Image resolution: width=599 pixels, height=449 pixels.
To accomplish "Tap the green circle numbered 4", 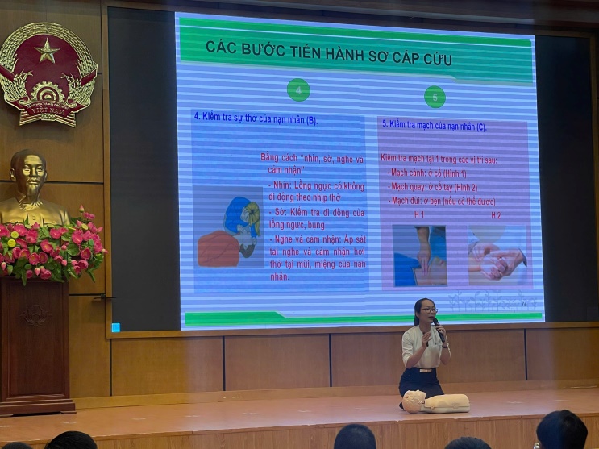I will click(298, 89).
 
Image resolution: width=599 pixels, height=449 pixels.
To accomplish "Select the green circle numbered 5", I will click(435, 97).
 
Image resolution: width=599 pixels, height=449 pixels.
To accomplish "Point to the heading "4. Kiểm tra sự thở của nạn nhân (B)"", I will click(256, 119).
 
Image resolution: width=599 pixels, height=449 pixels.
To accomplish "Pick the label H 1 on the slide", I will click(419, 215).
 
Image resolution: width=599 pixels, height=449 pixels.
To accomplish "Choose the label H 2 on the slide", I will click(496, 216).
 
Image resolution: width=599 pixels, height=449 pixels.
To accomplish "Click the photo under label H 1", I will click(418, 255).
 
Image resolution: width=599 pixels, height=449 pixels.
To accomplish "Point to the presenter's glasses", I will click(428, 310).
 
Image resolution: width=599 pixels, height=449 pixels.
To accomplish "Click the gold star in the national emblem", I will click(46, 52).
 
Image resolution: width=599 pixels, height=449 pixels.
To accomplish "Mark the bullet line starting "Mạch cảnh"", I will click(426, 173).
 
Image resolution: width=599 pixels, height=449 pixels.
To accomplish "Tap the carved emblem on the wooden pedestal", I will click(35, 314).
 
